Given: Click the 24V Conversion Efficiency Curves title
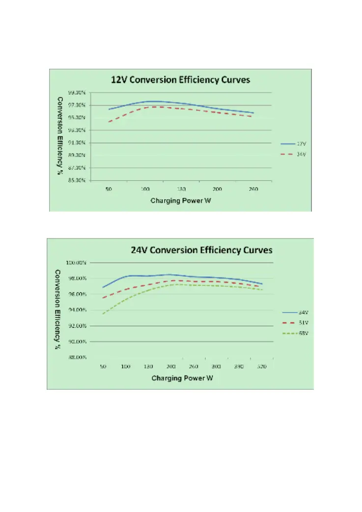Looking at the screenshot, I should [201, 250].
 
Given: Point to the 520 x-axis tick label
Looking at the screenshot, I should [261, 366].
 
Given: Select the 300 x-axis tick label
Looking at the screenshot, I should [216, 366].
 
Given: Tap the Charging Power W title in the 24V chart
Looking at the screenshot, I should [182, 378].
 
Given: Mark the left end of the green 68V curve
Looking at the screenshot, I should [103, 314].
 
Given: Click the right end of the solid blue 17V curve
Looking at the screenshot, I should [253, 113].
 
